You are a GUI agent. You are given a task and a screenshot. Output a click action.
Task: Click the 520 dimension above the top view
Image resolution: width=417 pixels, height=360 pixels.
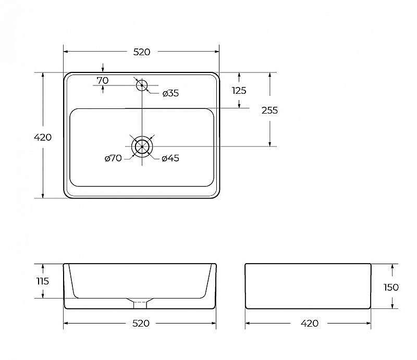coord(141,52)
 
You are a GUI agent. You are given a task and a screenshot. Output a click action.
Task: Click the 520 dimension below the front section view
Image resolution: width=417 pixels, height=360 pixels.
coord(141,324)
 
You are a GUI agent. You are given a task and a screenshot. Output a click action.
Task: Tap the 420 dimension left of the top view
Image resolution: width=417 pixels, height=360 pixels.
coord(43,137)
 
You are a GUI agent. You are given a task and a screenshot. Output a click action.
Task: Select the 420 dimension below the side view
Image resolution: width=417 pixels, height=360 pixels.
coord(310,324)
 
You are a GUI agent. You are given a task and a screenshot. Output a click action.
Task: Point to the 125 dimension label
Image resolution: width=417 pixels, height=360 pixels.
coord(239,91)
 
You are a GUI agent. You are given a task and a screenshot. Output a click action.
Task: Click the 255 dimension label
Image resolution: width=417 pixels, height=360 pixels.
coord(269,110)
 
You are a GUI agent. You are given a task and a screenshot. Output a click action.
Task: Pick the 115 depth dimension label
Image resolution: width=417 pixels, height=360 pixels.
coord(43,281)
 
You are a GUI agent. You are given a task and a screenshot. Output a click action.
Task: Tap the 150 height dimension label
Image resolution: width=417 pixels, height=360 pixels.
coord(391,287)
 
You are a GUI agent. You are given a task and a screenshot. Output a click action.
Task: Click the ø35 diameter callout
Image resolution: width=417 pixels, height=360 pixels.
coord(171,93)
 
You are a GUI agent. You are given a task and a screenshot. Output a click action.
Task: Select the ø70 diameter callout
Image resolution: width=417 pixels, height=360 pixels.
coord(113,158)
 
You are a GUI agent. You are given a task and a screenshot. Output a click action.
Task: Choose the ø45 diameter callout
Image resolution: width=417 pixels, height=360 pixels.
coord(170,158)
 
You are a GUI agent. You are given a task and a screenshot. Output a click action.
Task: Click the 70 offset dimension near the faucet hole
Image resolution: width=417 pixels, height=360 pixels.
coord(103,80)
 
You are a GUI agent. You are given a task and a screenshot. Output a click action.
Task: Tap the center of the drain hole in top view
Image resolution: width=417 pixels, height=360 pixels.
coord(142,146)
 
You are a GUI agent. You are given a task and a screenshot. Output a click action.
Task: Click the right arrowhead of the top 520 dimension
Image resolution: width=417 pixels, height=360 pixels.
coord(217,52)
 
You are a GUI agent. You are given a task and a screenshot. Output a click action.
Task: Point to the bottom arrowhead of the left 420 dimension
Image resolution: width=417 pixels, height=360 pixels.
coord(43,196)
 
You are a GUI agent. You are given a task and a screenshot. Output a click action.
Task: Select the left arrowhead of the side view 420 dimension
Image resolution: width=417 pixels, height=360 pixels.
coord(247,324)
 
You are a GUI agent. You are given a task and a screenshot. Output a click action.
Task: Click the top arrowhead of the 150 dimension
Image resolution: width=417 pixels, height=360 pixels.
coord(393,266)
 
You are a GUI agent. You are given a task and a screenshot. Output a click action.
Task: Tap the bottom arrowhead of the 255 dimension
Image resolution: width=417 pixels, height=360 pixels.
coord(269,144)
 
